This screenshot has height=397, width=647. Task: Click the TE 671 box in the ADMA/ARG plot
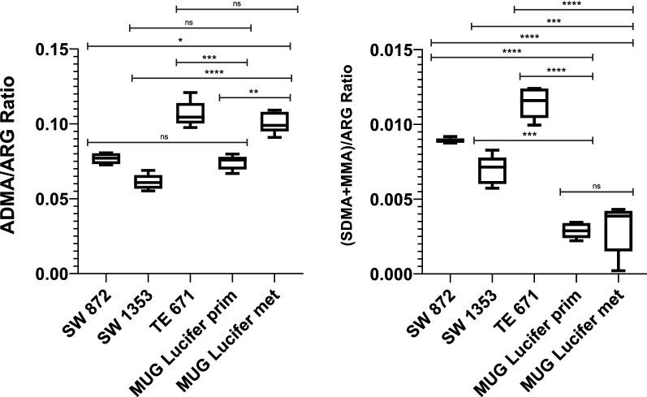[191, 112]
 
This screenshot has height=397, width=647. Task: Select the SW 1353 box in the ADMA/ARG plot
[149, 181]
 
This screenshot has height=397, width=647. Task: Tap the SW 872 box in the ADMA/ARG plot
[106, 158]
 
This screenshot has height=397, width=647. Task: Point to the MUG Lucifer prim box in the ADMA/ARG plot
[233, 163]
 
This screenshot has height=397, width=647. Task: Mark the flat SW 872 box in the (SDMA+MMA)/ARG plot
[449, 140]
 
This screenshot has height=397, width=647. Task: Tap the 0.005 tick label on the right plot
[393, 200]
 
